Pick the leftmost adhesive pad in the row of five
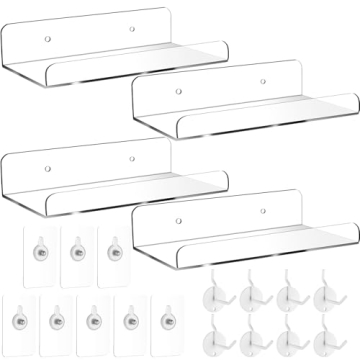pyautogui.click(x=21, y=323)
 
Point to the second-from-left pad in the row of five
pyautogui.click(x=57, y=323)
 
